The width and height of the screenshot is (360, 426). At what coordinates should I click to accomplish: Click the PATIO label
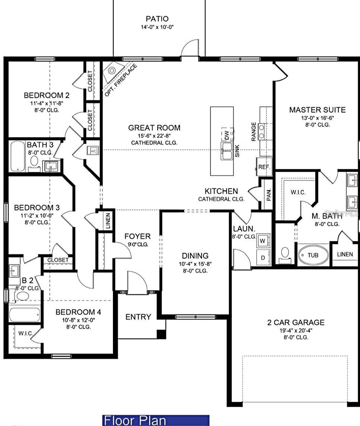157,19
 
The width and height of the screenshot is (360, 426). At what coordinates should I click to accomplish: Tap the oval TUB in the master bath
313,255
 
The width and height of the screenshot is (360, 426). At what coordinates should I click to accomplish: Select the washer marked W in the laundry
263,241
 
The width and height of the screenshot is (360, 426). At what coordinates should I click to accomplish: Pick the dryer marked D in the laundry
263,258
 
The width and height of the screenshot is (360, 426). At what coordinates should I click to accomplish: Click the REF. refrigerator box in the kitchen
264,167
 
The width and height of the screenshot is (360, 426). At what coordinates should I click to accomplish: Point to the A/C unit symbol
92,151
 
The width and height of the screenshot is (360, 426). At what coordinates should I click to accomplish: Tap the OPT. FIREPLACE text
121,80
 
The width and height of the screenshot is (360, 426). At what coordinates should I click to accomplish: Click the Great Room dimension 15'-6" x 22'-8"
154,136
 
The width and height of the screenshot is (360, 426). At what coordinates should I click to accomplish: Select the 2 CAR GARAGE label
296,322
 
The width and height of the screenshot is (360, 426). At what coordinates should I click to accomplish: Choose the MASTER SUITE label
317,110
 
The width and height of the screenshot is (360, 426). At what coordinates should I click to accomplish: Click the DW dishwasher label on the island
227,135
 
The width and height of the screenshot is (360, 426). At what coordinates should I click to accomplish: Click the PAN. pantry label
269,194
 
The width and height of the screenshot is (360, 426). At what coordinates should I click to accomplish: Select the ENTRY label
138,317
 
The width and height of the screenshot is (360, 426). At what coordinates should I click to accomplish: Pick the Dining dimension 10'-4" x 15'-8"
195,264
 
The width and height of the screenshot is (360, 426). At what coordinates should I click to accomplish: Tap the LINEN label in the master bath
345,254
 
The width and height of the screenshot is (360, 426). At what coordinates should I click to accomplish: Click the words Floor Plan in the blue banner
135,420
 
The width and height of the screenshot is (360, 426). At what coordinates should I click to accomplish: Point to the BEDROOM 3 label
37,207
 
